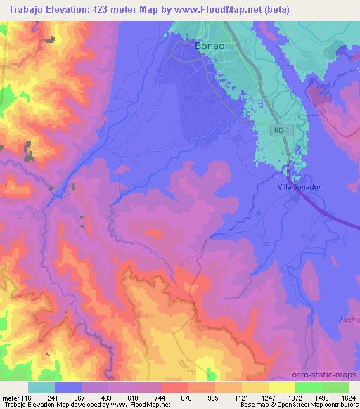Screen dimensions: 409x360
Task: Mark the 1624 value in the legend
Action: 340,397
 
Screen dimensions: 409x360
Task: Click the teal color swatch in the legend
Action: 41,387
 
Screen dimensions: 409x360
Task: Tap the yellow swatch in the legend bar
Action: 281,387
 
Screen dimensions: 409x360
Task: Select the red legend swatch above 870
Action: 174,387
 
